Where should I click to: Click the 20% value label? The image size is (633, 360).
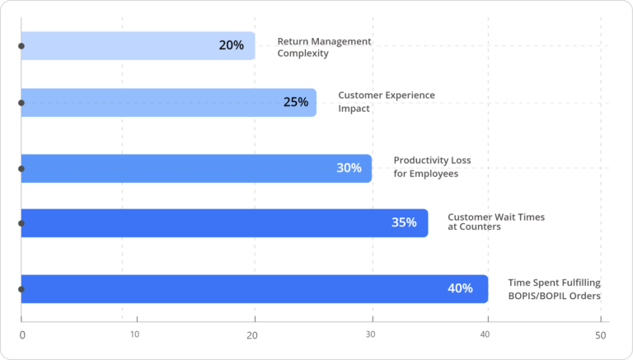(x=232, y=45)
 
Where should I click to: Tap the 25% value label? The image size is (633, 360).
(x=296, y=102)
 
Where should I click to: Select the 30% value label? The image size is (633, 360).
(x=349, y=168)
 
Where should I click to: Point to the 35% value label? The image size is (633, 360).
(x=404, y=222)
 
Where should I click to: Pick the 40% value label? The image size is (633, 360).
(x=460, y=288)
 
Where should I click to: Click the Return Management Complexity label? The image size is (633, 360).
(x=324, y=47)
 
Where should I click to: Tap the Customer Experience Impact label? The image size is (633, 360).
(x=386, y=102)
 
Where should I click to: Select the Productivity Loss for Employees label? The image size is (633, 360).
(x=432, y=167)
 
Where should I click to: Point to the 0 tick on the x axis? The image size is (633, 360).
(x=22, y=335)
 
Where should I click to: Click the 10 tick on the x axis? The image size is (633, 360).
(x=134, y=334)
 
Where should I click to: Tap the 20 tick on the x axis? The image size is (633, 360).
(x=252, y=335)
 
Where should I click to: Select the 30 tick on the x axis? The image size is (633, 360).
(x=370, y=334)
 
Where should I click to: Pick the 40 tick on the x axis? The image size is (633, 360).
(x=485, y=334)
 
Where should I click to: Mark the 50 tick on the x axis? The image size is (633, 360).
(x=600, y=335)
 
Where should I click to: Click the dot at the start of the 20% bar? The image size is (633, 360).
(x=21, y=46)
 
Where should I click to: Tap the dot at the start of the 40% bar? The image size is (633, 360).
(x=21, y=289)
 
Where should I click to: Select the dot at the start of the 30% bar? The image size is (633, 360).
(x=21, y=168)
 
